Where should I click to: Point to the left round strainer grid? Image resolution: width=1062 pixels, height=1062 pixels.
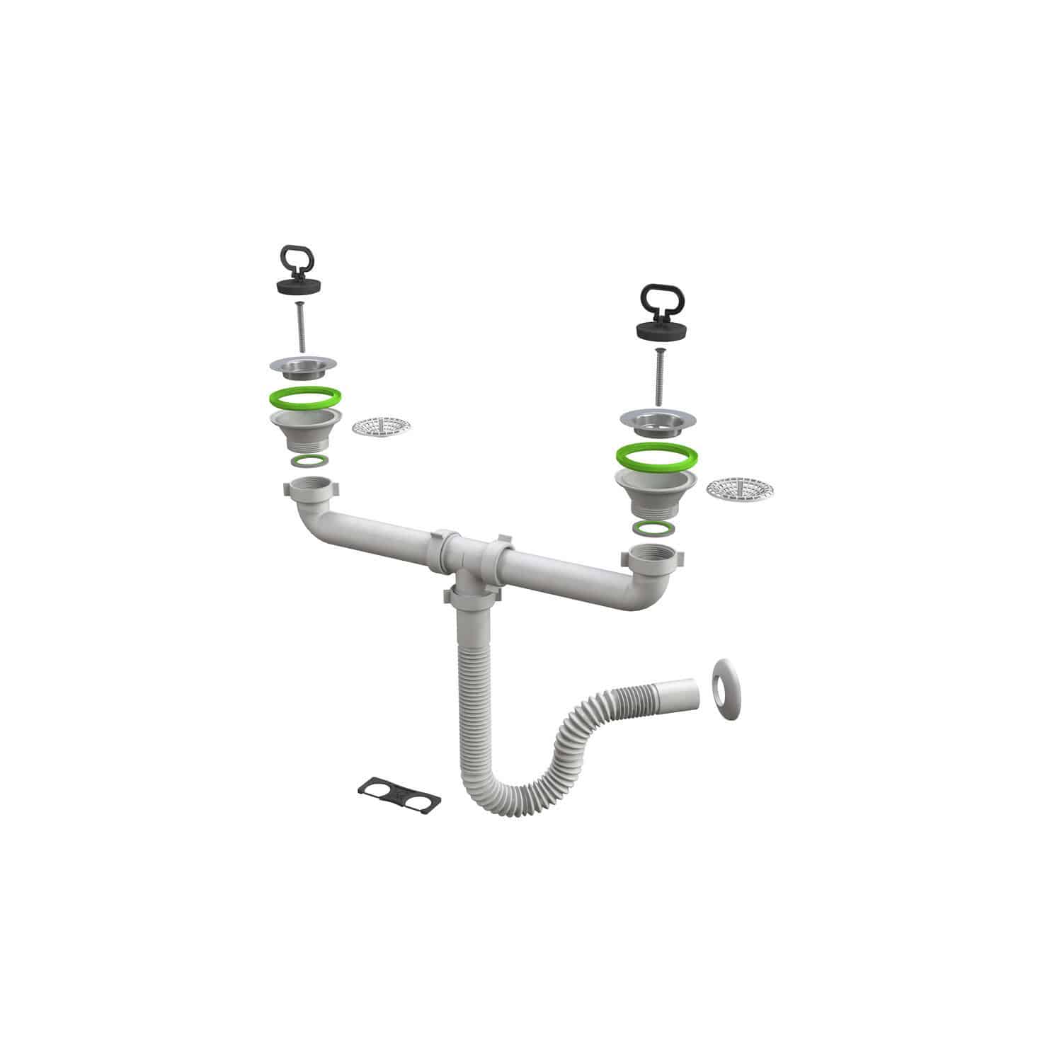click(382, 426)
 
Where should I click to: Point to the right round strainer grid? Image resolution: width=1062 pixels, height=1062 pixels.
click(740, 487)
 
